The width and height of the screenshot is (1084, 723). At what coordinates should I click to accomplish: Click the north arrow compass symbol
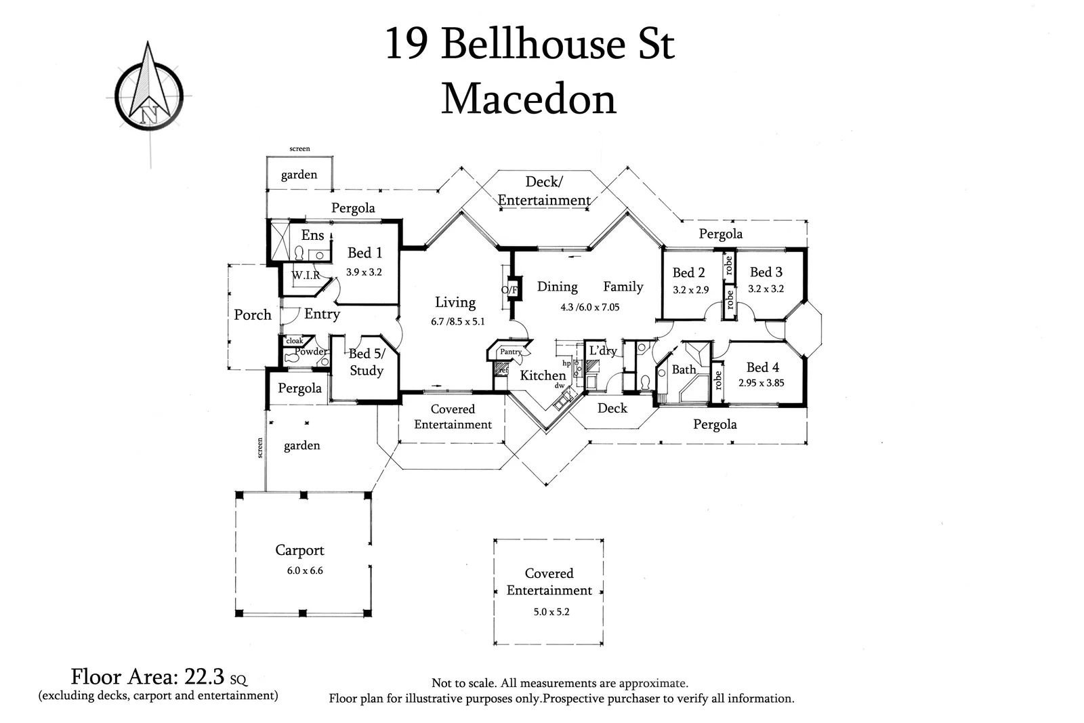[148, 89]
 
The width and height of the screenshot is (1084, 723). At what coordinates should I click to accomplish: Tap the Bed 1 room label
[364, 253]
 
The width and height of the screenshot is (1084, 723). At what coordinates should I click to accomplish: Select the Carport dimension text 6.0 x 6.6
[305, 571]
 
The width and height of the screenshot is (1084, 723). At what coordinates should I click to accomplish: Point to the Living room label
[455, 302]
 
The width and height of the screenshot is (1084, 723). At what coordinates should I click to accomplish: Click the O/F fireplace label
[509, 290]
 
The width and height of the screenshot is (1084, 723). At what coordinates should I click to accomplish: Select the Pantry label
[510, 352]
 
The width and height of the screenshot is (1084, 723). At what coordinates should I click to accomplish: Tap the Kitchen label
[543, 375]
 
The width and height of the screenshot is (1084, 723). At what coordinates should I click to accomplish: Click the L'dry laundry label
[602, 350]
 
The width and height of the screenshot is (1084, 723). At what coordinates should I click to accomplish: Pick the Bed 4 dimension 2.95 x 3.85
[761, 383]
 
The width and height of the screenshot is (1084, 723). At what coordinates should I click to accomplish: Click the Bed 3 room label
[766, 272]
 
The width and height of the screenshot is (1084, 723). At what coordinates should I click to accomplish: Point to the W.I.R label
[306, 275]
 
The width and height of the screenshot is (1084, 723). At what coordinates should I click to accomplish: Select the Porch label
[253, 314]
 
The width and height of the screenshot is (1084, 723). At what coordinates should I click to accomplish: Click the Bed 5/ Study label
[367, 362]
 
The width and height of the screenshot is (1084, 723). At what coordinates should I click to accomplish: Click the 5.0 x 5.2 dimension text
[551, 611]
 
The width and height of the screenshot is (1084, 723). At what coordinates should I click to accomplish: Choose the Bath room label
[684, 369]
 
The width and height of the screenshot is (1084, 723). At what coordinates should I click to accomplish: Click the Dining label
[557, 287]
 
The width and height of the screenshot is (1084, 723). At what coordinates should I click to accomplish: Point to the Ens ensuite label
[312, 235]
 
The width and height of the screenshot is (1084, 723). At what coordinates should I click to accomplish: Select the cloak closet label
[295, 341]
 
